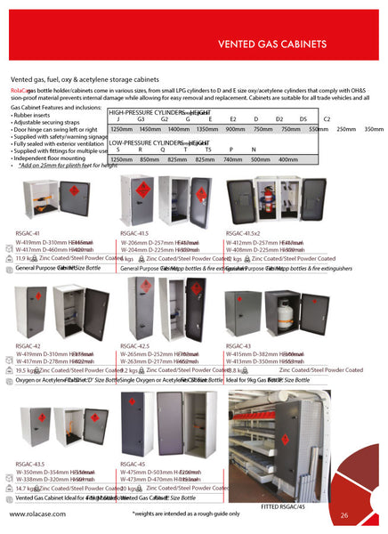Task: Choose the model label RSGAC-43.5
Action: (x=31, y=464)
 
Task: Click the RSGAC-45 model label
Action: (x=133, y=464)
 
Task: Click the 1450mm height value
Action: (x=152, y=129)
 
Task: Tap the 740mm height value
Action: (x=232, y=158)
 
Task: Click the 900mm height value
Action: (x=236, y=129)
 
